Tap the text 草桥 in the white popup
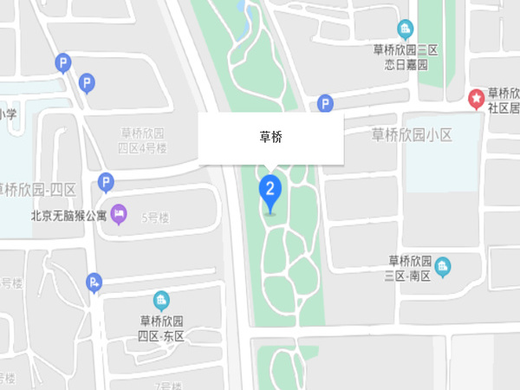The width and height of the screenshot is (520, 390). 272,137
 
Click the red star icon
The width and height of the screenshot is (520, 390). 476,99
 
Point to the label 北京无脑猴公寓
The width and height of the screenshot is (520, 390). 68,216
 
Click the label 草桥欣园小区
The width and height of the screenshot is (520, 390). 412,134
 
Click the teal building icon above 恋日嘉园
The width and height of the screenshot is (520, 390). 405,29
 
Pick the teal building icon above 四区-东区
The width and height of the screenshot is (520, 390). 161,301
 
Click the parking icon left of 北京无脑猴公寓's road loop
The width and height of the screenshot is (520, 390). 105,182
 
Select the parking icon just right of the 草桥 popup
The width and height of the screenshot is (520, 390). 325,104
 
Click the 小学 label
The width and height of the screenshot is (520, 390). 9,114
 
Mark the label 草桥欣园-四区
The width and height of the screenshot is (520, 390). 39,190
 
